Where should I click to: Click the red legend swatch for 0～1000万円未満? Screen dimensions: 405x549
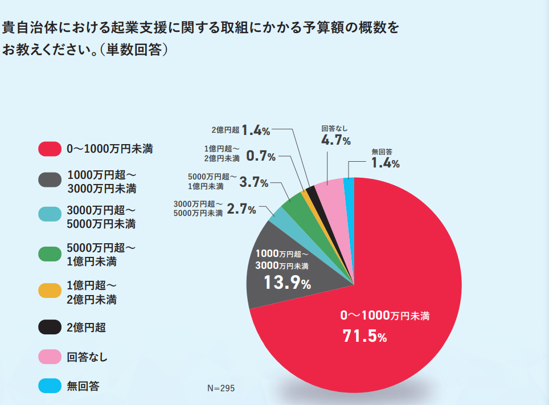click(x=50, y=149)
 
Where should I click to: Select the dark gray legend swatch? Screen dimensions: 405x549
click(x=50, y=181)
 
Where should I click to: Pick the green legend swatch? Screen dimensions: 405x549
click(x=50, y=254)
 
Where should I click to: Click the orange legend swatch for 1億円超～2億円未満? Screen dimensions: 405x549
click(x=50, y=291)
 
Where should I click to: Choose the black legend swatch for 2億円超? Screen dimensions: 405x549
click(x=50, y=327)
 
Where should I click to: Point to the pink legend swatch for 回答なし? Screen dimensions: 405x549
click(x=50, y=357)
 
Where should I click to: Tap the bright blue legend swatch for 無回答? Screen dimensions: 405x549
click(x=50, y=386)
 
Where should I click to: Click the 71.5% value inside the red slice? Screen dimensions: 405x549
click(x=364, y=337)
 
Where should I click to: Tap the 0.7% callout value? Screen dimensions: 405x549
click(x=261, y=156)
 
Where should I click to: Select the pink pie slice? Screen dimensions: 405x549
click(x=330, y=191)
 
